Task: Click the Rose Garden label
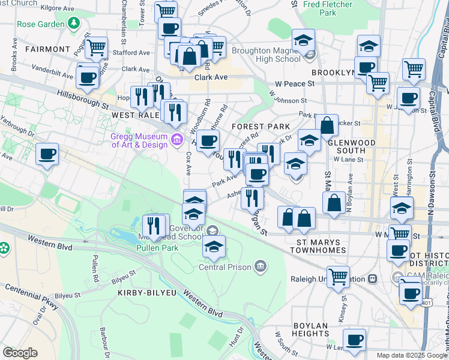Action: pyautogui.click(x=41, y=25)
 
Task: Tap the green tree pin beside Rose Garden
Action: pyautogui.click(x=73, y=23)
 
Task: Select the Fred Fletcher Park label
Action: pyautogui.click(x=328, y=8)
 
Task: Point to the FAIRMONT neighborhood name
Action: pyautogui.click(x=48, y=49)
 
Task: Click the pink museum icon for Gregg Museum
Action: pyautogui.click(x=176, y=140)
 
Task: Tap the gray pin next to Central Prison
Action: pyautogui.click(x=260, y=265)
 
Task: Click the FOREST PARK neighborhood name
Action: pyautogui.click(x=261, y=127)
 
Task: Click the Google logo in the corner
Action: pyautogui.click(x=20, y=353)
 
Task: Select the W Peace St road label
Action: pyautogui.click(x=295, y=85)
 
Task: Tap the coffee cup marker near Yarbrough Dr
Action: pyautogui.click(x=47, y=154)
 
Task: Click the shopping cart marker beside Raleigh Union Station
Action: pyautogui.click(x=339, y=276)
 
